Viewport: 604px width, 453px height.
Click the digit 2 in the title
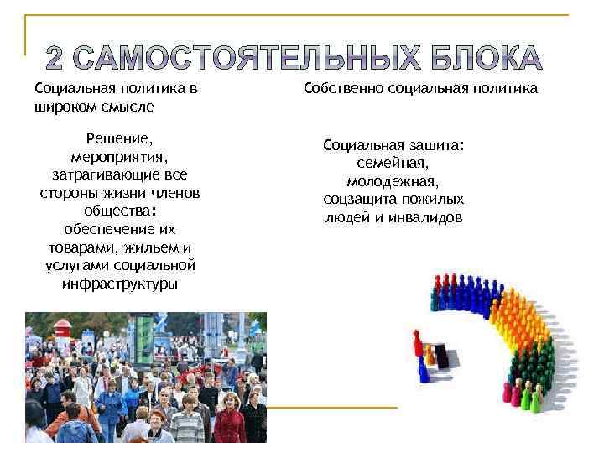[x=54, y=58]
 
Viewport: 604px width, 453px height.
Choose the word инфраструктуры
[x=119, y=284]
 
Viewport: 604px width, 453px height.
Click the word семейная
[x=393, y=163]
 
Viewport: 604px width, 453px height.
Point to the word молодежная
[x=393, y=181]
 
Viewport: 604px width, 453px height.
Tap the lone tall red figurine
[x=415, y=342]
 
